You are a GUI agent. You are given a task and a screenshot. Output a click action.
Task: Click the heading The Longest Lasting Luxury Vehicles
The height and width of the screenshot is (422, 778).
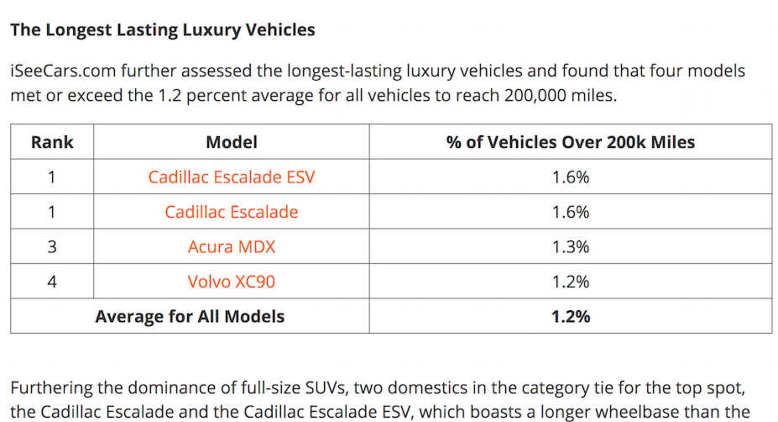pos(162,30)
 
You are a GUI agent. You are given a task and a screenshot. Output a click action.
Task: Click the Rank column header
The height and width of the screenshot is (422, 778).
pos(52,142)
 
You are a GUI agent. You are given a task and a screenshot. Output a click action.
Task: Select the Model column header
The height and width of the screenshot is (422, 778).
pos(231,142)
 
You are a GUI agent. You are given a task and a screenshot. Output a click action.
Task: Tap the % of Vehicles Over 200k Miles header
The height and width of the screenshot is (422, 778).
pos(571,142)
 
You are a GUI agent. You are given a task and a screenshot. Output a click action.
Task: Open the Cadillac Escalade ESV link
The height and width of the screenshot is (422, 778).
pos(231,177)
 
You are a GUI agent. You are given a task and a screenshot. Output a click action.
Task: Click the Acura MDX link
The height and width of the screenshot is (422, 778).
pos(231,247)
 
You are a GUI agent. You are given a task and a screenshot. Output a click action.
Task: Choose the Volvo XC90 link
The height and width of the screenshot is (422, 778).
pos(231,282)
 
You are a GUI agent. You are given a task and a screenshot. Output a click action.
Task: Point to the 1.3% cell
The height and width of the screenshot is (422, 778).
pos(571,247)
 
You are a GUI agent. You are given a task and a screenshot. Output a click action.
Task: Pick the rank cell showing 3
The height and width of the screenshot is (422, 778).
pos(52,247)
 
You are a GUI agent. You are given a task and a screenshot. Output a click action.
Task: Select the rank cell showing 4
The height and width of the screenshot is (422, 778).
pos(52,282)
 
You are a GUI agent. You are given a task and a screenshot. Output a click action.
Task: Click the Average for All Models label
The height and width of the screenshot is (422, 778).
pos(190,316)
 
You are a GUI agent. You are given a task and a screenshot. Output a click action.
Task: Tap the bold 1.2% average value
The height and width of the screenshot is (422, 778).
pos(571,316)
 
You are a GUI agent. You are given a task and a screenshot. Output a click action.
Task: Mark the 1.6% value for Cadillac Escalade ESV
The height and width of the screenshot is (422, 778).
pos(571,177)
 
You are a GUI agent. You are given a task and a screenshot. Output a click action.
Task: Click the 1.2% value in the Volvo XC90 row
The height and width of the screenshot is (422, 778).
pos(571,282)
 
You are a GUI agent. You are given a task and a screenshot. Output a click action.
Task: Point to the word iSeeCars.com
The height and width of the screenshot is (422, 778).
pos(63,71)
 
